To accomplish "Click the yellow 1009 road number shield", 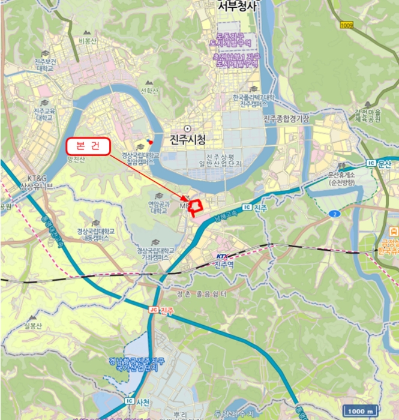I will [346, 25].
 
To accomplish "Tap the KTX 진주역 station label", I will [223, 260].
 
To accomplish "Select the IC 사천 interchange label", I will [139, 400].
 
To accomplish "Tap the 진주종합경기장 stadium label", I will [286, 119].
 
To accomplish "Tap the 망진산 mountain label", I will [77, 159].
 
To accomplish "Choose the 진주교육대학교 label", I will [43, 114].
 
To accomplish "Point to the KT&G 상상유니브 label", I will [36, 182].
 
